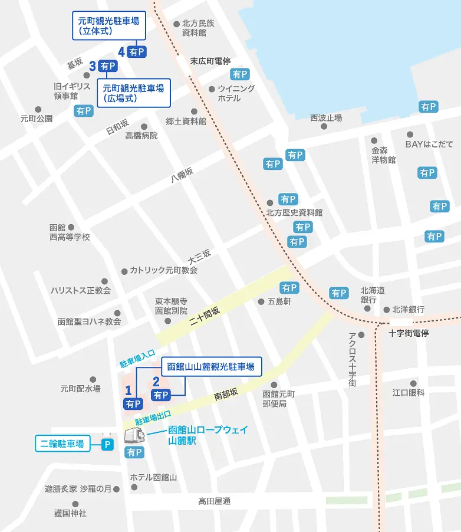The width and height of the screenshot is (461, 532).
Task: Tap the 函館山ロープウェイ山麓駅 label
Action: coord(208,434)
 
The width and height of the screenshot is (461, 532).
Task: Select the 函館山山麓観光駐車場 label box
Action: coord(210,367)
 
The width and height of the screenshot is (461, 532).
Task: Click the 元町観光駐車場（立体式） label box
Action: coord(108,26)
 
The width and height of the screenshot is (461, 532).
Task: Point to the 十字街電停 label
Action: coord(408,333)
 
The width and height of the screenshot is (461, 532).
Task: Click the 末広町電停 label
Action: coord(210,61)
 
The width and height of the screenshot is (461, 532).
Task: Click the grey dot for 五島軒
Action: coord(262,301)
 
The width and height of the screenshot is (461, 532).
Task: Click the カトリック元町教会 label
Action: coord(163,270)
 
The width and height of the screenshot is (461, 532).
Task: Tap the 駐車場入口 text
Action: coord(137,359)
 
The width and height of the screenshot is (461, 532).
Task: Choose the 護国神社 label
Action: coord(70,513)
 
